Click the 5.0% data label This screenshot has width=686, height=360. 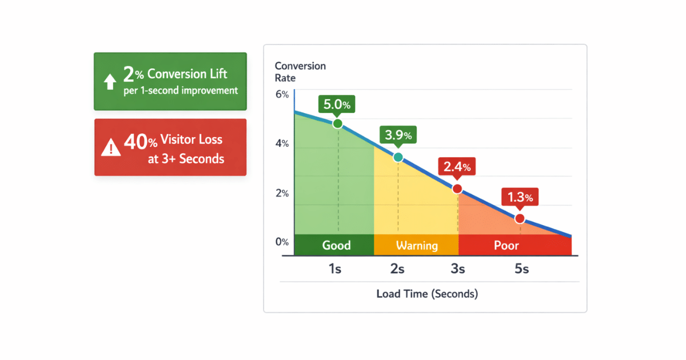coord(337,105)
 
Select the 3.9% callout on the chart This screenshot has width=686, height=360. coord(398,135)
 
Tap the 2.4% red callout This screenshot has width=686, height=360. coord(457,166)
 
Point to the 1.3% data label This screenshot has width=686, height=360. coord(520,197)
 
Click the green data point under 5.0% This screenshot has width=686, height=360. coord(337,123)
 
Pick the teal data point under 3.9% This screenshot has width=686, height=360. coord(398,157)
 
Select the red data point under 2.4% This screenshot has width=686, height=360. coord(457,189)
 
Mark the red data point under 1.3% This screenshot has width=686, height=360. coord(520,218)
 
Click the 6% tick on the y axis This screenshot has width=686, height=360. coord(282,94)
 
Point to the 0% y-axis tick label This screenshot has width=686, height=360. coord(282,242)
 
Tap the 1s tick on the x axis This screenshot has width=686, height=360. coord(335,269)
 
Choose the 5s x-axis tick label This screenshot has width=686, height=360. coord(521,269)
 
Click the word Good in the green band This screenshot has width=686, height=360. coord(336,245)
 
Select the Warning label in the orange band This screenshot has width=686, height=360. coord(417,246)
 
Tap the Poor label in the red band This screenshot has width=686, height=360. coord(506,245)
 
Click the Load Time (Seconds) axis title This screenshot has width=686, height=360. coord(427,294)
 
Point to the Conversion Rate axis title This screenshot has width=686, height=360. coord(300,72)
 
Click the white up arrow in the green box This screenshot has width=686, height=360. coord(110,81)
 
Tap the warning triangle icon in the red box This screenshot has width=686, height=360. coord(111,147)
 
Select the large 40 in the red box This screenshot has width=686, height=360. coord(136,142)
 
